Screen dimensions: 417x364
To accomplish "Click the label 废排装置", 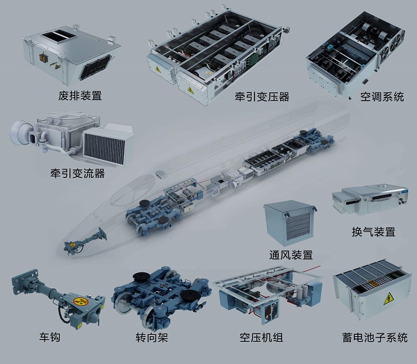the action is coord(80,95).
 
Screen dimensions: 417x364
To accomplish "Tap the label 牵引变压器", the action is coord(262,97).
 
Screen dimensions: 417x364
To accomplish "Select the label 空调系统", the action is coord(382,97).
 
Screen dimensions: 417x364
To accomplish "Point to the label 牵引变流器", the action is coord(77,174).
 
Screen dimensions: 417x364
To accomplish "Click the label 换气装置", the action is coord(373,232).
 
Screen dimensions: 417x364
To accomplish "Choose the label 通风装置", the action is coord(291,255).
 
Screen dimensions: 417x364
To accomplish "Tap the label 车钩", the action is coord(50,337).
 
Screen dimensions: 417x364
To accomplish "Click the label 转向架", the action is coord(152,338).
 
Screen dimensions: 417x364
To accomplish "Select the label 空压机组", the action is coord(261,338).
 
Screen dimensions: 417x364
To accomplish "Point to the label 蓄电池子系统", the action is coord(375,338).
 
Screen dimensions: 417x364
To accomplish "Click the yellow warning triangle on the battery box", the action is coord(389,299).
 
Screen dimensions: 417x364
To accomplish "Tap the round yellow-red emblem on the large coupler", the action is coord(81,301).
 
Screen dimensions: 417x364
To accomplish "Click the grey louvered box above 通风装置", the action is coord(289,222).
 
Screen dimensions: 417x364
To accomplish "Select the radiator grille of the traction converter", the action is coord(104,147).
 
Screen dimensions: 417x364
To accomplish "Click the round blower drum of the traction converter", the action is coord(19,132).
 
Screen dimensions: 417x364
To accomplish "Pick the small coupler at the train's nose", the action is coord(85,242).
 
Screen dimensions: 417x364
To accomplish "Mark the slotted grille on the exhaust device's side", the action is coord(95,67).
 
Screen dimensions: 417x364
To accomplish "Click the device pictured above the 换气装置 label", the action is coord(370,199).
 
